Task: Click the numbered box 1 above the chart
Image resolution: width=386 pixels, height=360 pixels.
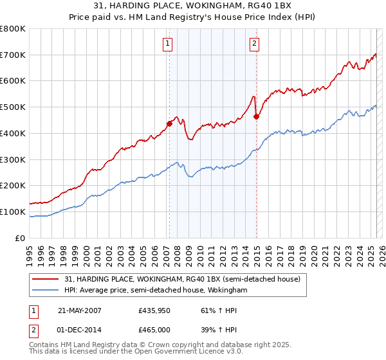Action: pos(167,44)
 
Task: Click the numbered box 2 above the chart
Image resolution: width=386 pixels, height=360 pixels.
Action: pos(255,44)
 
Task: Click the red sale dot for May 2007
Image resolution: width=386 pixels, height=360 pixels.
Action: pos(169,123)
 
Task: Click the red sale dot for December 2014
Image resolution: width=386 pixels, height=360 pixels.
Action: pos(256,116)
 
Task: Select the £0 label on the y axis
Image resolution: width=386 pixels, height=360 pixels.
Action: pos(21,238)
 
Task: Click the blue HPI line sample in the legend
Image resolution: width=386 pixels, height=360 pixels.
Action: pos(46,290)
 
